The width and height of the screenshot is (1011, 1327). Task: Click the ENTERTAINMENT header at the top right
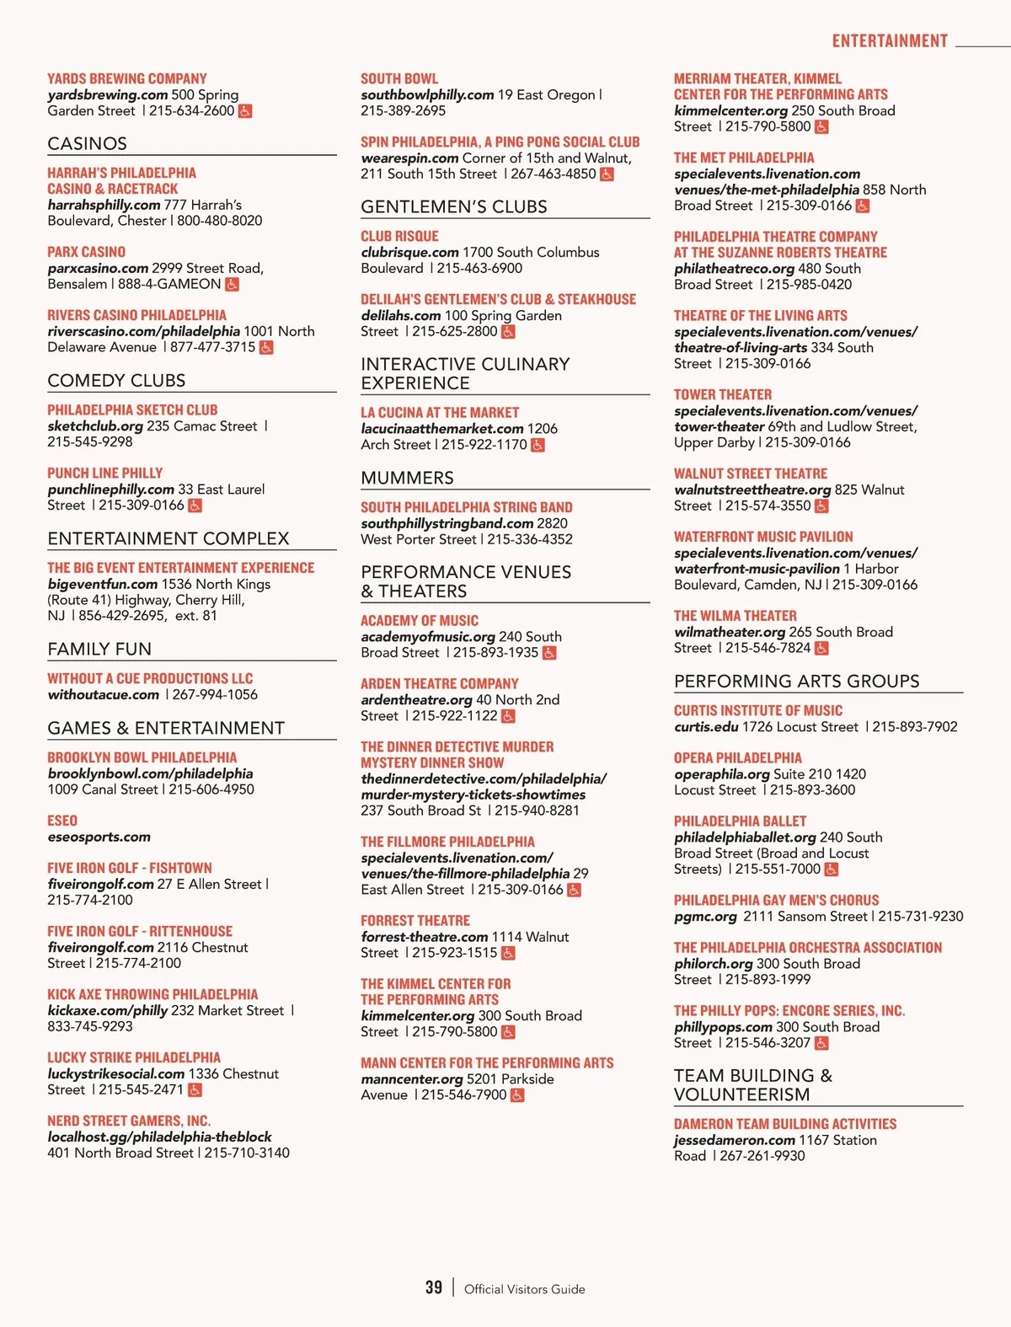coord(890,41)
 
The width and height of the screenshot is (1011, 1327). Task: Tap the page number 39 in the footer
coord(434,1287)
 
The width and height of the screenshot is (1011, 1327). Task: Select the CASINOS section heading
coord(88,143)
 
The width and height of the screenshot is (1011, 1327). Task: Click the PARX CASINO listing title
coord(87,252)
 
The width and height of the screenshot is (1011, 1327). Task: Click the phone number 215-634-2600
coord(192,110)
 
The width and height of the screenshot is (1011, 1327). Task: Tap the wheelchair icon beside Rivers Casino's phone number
coord(266,347)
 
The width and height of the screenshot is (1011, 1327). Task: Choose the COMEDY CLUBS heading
coord(116,380)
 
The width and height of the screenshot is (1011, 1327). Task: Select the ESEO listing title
coord(62,821)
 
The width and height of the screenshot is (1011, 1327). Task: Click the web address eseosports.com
coord(99,837)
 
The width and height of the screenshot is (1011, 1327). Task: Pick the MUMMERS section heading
coord(407,478)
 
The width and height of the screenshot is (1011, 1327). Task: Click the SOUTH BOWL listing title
coord(399,78)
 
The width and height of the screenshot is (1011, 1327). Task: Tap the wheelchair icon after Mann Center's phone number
coord(517,1095)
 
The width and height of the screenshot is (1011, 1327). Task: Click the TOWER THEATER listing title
coord(723,394)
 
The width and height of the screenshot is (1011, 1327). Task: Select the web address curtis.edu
coord(706,726)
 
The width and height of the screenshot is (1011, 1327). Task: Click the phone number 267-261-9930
coord(762,1156)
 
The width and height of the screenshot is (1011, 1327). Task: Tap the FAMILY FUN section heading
coord(99,649)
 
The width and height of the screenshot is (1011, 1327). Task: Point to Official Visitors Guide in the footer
coord(524,1289)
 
